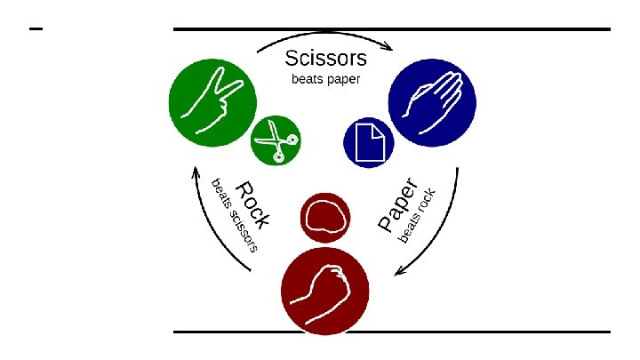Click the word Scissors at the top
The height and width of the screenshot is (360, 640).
325,59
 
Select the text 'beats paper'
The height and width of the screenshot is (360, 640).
326,79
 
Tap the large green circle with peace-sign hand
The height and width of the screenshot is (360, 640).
207,99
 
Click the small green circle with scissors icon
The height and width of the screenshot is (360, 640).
276,140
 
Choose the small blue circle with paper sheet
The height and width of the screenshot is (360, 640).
369,141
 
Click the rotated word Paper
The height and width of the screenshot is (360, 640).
396,205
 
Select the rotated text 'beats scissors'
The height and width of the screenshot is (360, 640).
234,216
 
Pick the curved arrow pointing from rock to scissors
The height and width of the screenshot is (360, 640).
211,222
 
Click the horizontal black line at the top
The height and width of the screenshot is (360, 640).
391,29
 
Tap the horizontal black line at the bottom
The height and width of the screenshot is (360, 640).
391,332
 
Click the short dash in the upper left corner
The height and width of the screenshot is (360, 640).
36,30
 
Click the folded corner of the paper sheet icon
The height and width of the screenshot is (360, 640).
379,130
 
